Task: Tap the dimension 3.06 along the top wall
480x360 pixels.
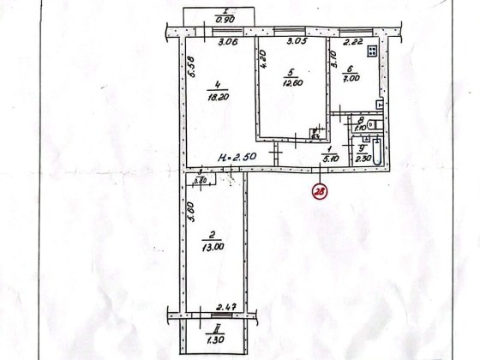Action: (x=227, y=41)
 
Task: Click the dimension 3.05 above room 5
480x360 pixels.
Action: (x=296, y=41)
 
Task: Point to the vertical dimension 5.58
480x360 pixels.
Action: (x=193, y=67)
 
